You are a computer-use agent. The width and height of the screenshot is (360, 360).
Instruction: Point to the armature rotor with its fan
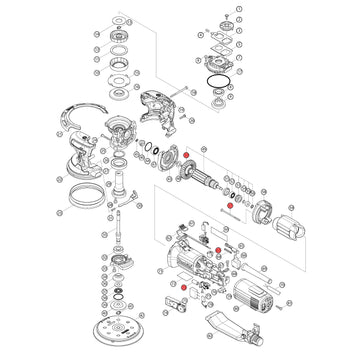click(205, 179)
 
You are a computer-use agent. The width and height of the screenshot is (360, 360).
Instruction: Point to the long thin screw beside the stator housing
click(232, 208)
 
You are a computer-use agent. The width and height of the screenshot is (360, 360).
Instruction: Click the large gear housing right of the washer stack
click(154, 104)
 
